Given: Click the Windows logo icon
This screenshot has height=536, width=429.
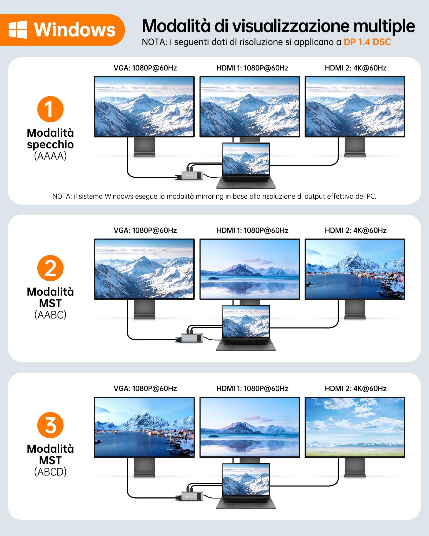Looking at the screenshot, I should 18,29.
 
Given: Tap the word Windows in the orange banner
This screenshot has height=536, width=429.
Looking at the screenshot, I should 75,29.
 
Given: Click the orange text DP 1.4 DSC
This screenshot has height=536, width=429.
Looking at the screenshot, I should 367,42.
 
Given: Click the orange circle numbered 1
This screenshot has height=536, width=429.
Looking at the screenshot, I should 50,109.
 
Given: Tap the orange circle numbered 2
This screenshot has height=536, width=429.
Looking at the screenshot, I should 50,268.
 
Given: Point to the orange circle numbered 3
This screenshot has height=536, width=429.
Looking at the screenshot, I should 50,425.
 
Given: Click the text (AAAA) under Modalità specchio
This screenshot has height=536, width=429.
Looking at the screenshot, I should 50,156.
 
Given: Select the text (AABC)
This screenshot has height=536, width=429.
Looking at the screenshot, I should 50,315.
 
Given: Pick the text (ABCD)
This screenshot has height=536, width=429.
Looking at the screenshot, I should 50,472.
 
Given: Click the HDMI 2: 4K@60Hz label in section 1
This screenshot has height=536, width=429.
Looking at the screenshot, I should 356,68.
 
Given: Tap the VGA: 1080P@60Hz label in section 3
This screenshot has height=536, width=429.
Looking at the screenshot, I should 145,389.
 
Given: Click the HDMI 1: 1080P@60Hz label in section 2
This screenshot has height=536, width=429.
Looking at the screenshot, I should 252,230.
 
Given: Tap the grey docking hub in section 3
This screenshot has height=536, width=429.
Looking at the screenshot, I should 192,496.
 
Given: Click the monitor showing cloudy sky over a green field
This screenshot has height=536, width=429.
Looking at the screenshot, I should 355,427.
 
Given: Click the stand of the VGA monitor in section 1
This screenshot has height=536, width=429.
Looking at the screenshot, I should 144,147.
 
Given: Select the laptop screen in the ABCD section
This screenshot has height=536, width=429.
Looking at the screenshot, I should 246,479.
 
